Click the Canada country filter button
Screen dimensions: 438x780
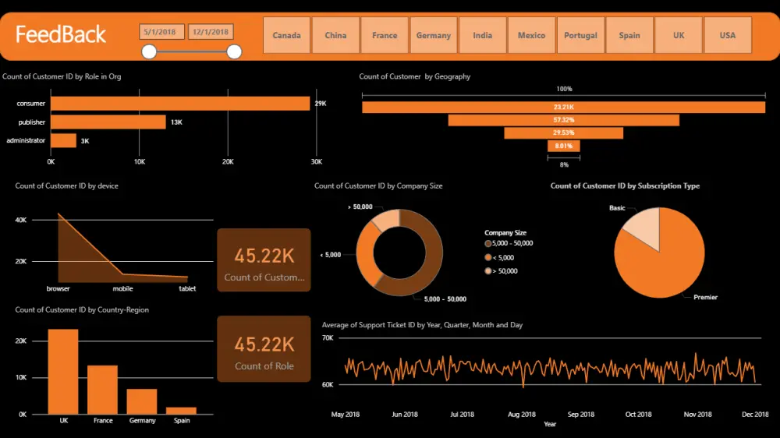(286, 35)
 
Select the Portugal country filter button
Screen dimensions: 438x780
(580, 35)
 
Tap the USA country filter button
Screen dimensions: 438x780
(728, 35)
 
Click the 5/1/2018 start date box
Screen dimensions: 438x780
(162, 32)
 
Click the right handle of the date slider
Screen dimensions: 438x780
(234, 52)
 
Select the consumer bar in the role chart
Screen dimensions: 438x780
(180, 104)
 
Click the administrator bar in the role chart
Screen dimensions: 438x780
(63, 140)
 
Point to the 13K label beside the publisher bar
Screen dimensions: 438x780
(176, 122)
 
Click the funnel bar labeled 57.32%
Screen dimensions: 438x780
(563, 120)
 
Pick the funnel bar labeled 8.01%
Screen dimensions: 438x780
(563, 146)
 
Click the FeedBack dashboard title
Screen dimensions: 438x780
(61, 35)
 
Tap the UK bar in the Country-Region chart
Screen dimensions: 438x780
(63, 371)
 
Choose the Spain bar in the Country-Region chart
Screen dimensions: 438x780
(181, 410)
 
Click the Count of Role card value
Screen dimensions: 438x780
(264, 344)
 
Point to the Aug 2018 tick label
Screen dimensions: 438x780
(522, 415)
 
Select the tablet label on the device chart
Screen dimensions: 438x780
(187, 289)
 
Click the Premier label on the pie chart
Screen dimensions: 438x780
(705, 297)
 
